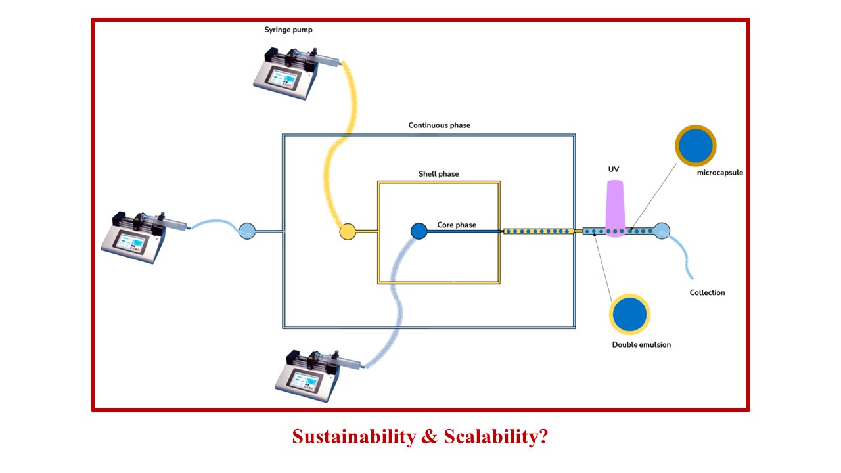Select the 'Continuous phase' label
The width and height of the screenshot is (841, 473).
coord(439,125)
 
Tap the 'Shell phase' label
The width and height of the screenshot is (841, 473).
coord(438,174)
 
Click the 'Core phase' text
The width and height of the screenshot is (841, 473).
coord(457,225)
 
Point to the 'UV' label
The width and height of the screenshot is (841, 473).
coord(614,169)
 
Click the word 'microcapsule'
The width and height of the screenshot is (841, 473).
coord(720,173)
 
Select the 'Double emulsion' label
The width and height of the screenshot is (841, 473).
coord(641,344)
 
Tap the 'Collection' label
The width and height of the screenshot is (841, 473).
coord(707,292)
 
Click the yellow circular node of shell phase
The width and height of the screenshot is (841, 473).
coord(348,231)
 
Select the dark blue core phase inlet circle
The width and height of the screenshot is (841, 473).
coord(419,231)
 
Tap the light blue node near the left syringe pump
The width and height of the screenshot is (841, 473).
coord(247,231)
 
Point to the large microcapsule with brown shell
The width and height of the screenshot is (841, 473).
coord(695,145)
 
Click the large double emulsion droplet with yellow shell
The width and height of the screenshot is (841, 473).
coord(629,314)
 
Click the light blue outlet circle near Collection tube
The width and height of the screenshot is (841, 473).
coord(662,231)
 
